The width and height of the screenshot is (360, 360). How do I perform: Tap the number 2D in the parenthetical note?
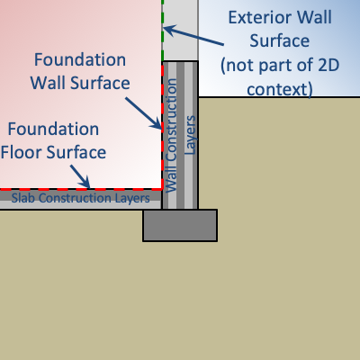pos(328,65)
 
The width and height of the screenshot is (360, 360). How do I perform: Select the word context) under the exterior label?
pos(280,89)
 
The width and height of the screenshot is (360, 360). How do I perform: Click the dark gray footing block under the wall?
pos(180,225)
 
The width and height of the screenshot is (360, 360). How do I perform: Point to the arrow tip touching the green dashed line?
pos(164,29)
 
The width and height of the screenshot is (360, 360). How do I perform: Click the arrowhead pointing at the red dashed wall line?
pos(160,127)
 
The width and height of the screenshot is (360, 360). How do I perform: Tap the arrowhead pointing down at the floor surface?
pos(87,185)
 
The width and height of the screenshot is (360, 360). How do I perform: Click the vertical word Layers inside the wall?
pos(190,135)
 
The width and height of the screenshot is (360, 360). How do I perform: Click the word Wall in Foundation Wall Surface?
pos(49,83)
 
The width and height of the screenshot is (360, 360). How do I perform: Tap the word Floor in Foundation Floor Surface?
pos(21,152)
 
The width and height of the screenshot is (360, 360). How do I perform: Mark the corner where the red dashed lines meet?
pos(162,189)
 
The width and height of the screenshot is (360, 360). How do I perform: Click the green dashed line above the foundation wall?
pos(163,31)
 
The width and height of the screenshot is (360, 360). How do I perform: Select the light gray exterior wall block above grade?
pos(180,31)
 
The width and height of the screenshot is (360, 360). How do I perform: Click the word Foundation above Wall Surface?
pos(80,59)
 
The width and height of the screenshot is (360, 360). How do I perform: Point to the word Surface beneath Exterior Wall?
pos(280,41)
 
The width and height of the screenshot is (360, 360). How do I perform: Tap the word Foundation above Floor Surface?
pos(53,129)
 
